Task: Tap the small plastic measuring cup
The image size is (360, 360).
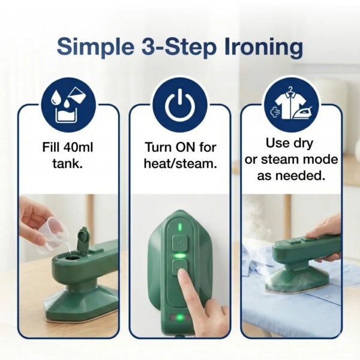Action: pyautogui.click(x=51, y=235)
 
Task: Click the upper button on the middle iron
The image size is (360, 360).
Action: pyautogui.click(x=178, y=243)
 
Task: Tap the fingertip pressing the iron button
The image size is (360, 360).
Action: pyautogui.click(x=183, y=274)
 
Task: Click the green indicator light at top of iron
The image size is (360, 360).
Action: pyautogui.click(x=178, y=227)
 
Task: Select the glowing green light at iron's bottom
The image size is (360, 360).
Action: pyautogui.click(x=178, y=317)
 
